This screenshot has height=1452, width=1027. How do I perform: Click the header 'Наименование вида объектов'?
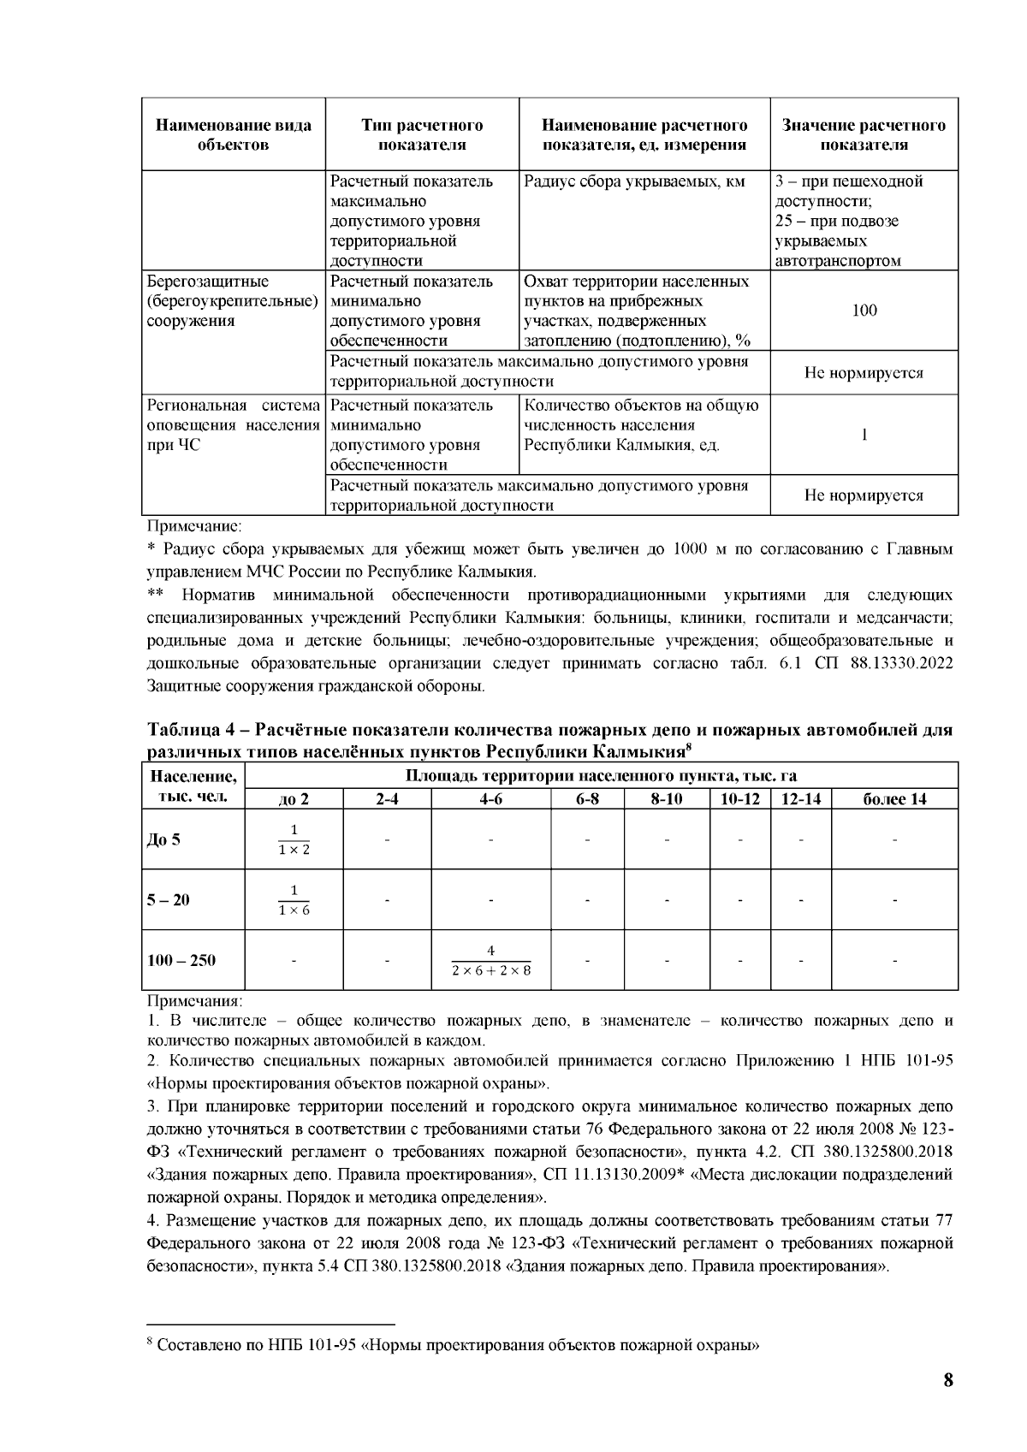tap(233, 135)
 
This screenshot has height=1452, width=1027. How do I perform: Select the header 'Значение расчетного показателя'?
tap(864, 135)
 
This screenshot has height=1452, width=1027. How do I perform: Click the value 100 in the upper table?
tap(864, 311)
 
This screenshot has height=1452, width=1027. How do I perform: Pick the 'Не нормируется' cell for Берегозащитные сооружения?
tap(864, 373)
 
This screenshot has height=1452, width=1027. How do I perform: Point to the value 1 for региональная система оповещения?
tap(864, 436)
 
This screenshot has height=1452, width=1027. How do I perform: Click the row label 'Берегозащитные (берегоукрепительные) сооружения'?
tap(233, 301)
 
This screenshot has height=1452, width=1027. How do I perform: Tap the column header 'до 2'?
tap(294, 800)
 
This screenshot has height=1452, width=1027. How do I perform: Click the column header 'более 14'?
tap(893, 800)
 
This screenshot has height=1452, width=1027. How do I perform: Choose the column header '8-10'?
tap(667, 800)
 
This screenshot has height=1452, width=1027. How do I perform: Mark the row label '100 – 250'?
tap(181, 960)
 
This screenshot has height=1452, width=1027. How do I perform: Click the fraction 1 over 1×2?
tap(294, 839)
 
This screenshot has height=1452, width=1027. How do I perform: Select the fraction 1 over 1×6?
tap(294, 900)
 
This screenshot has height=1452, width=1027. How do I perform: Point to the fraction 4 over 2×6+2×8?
tap(490, 960)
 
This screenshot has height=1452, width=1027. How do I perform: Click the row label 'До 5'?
tap(163, 839)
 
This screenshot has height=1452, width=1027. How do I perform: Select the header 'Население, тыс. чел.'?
tap(193, 787)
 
